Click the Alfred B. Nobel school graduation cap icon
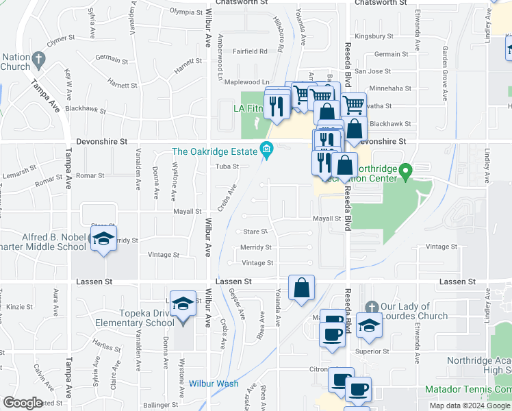[x=103, y=238]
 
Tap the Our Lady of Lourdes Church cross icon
[x=372, y=306]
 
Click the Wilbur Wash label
[x=214, y=384]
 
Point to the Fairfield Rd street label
[x=250, y=51]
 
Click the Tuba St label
[x=227, y=166]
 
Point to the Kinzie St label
[x=20, y=306]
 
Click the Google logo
[x=23, y=403]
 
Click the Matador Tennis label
[x=469, y=389]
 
